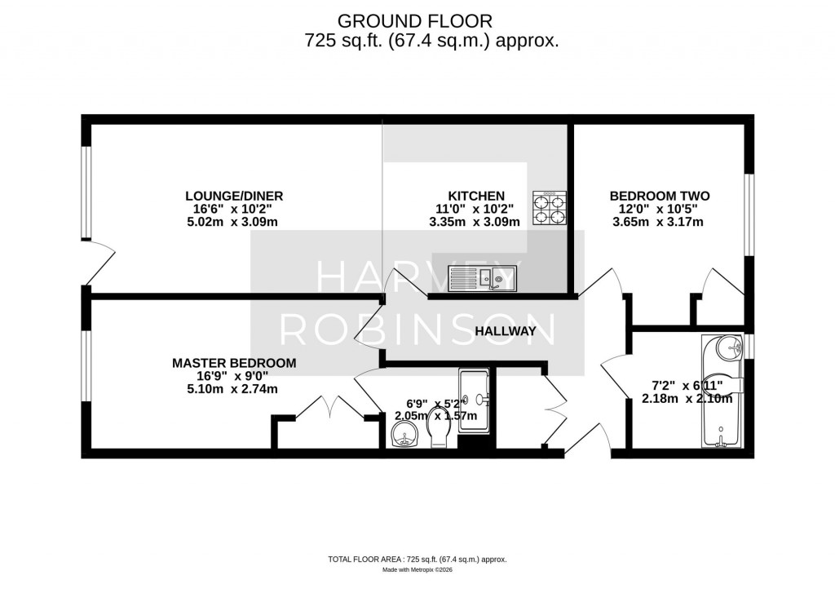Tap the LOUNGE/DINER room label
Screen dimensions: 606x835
(234, 196)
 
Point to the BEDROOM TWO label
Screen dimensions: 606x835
(660, 196)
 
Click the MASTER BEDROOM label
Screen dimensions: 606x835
(234, 363)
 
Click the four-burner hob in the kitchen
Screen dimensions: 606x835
(550, 206)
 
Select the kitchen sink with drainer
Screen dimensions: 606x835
(481, 279)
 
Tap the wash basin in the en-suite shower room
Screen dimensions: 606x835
(403, 438)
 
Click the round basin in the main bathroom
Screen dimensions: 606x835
(730, 349)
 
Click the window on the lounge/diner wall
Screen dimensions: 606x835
(85, 193)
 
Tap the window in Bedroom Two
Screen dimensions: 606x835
(749, 215)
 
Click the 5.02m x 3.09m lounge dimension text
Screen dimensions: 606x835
(234, 221)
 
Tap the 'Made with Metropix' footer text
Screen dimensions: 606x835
(417, 569)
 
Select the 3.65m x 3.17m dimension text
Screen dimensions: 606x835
(660, 221)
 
